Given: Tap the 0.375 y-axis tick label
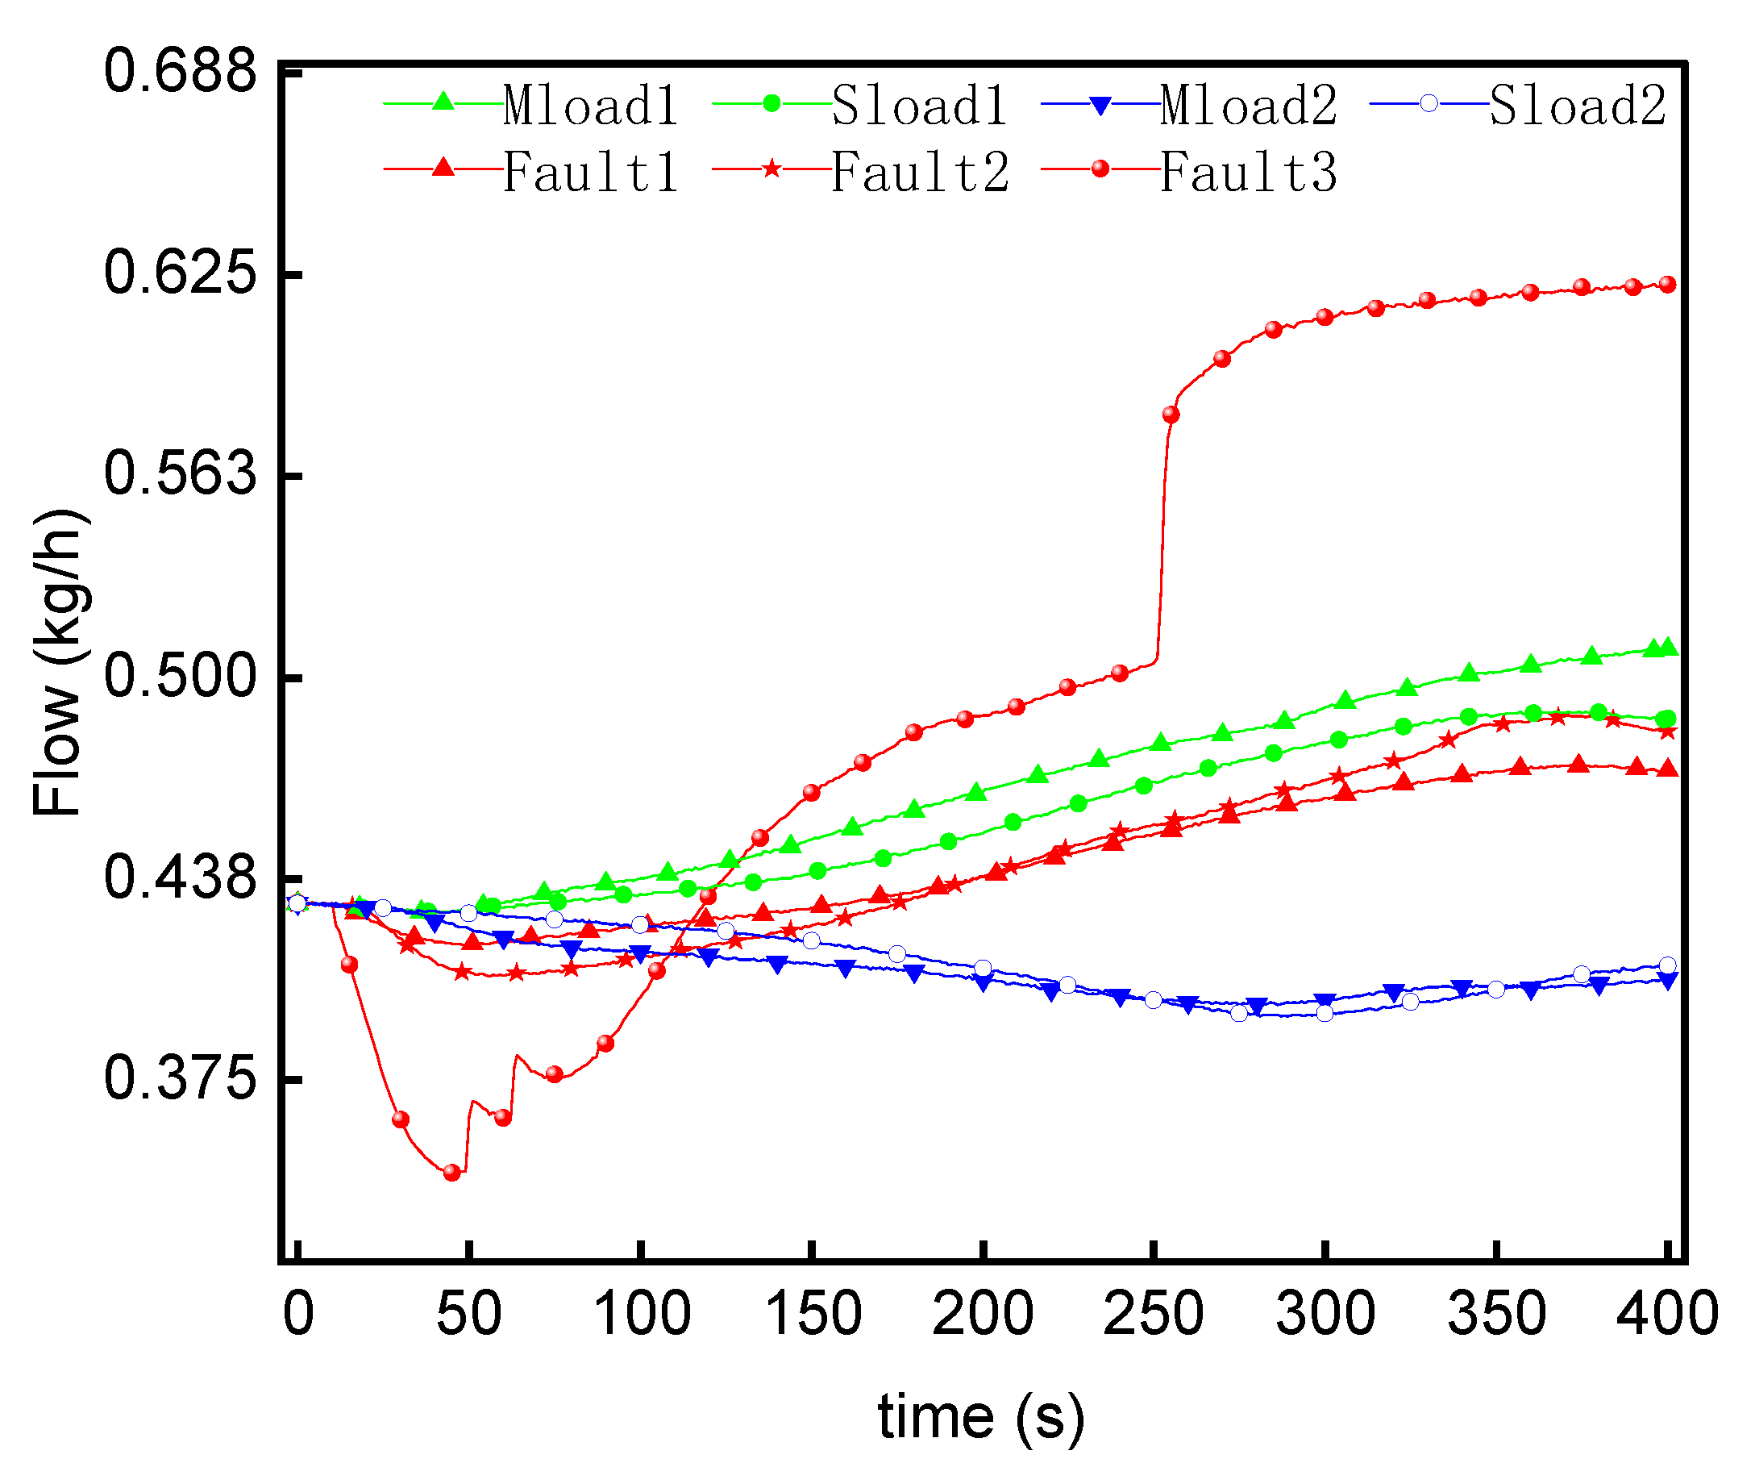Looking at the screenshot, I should pyautogui.click(x=180, y=1078).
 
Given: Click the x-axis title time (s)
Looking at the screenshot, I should pyautogui.click(x=980, y=1419).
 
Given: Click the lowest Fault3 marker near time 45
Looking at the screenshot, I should pyautogui.click(x=452, y=1173).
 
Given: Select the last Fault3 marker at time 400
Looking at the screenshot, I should pyautogui.click(x=1666, y=286).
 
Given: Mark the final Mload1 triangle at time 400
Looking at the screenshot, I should pyautogui.click(x=1669, y=648).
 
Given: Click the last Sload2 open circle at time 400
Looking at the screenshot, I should pyautogui.click(x=1666, y=965).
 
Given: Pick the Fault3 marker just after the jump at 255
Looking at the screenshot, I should pyautogui.click(x=1171, y=415).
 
